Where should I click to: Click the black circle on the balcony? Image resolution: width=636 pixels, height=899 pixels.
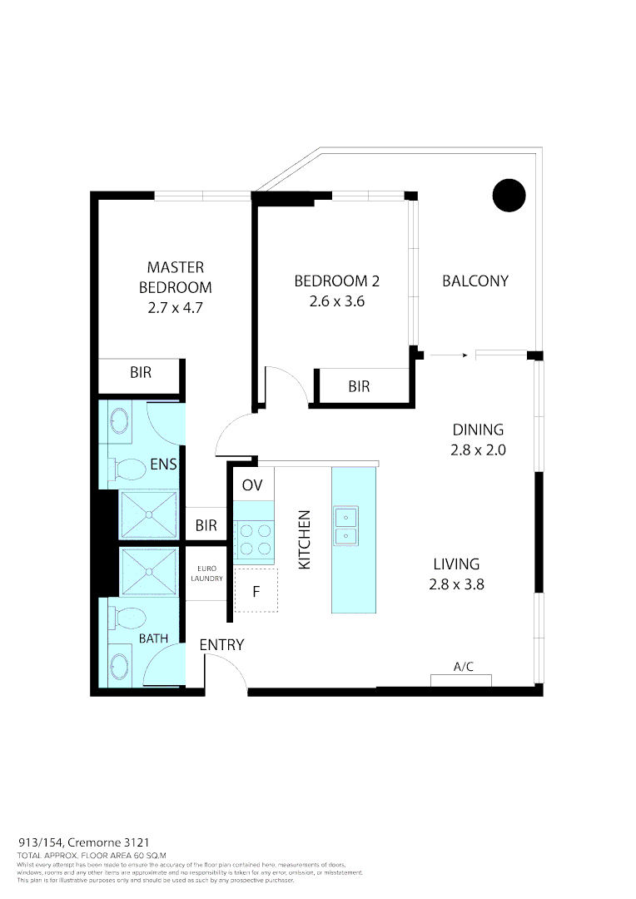(509, 196)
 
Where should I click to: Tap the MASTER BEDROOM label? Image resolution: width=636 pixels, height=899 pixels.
(175, 277)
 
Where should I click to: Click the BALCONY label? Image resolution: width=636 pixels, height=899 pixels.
(475, 281)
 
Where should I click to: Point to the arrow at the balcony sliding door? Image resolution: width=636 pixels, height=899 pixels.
(450, 355)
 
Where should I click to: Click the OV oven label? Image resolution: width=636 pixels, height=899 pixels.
(251, 484)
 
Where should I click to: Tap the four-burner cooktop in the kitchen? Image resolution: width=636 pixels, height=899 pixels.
(254, 538)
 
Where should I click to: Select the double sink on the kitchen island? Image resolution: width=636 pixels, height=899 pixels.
(346, 526)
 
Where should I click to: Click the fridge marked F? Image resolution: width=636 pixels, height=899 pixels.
(256, 592)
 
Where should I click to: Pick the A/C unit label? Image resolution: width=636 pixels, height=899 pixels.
(463, 667)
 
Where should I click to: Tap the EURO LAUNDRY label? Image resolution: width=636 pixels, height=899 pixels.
(206, 573)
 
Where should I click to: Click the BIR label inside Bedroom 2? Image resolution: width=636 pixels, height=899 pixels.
(359, 387)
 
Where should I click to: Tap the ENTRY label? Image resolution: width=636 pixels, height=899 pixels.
(221, 645)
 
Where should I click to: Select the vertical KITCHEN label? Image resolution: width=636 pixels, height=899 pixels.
(305, 539)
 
